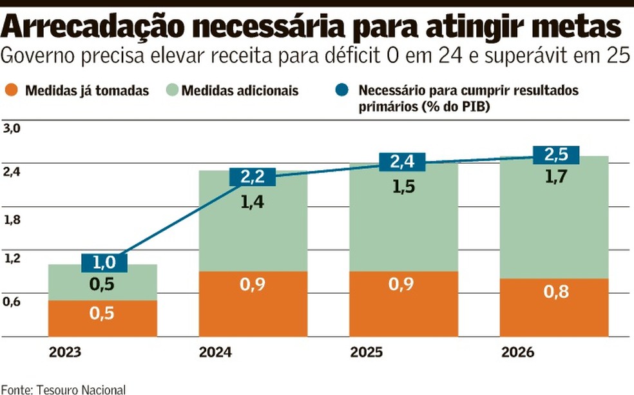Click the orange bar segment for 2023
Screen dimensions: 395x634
(102, 318)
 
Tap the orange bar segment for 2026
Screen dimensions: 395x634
(554, 307)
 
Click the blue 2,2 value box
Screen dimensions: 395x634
(253, 177)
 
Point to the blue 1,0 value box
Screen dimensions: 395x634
(104, 262)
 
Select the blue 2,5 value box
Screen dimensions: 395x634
(556, 155)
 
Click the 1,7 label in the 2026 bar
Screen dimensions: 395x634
(555, 177)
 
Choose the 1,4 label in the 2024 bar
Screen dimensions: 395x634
(253, 202)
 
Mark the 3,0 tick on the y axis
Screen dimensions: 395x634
(13, 128)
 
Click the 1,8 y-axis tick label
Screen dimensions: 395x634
(13, 220)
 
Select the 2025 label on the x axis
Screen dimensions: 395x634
(366, 353)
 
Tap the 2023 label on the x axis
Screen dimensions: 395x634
(64, 353)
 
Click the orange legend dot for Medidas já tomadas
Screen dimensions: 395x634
(10, 91)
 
